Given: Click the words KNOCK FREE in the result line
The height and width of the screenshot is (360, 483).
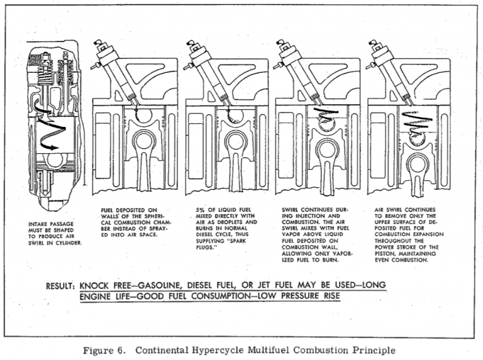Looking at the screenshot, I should click(x=108, y=286).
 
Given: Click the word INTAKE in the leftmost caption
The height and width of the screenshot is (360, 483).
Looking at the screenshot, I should click(x=40, y=223).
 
